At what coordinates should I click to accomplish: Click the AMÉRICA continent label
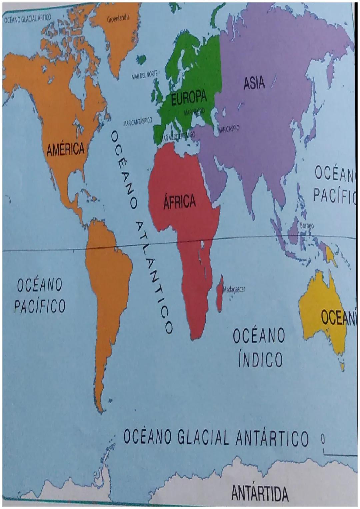(x=66, y=149)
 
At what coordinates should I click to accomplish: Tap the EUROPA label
(x=189, y=98)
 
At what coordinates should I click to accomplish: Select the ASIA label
(x=254, y=83)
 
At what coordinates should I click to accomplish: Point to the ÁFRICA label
(x=179, y=202)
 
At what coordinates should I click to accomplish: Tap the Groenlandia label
(x=118, y=18)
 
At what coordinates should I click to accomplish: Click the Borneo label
(x=307, y=226)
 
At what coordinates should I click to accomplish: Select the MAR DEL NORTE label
(x=145, y=76)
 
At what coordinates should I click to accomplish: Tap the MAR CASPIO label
(x=228, y=129)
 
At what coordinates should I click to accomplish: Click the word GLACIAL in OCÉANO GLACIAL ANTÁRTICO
(x=203, y=437)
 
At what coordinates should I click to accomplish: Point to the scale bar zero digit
(x=322, y=439)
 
